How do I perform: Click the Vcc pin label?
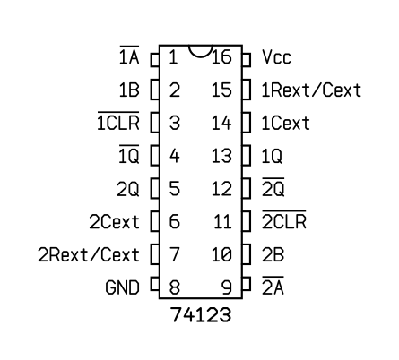coord(276,56)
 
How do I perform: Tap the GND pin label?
coord(122,287)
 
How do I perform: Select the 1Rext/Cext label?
coord(311,90)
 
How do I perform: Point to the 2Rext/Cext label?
coord(89,254)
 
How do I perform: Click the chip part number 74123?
coord(201,314)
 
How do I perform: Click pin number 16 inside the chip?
coord(221,56)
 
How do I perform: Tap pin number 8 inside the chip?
coord(175,287)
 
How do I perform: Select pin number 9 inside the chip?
coord(226,287)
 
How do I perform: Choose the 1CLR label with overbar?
coord(118,121)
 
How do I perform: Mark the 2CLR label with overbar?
coord(284,219)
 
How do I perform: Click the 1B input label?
coord(129,90)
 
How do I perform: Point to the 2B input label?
coord(273,254)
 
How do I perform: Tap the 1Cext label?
coord(285,123)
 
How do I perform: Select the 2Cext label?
coord(114,222)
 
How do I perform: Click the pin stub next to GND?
coord(155,284)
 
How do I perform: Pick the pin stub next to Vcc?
coord(246,60)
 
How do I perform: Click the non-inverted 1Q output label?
coord(272,156)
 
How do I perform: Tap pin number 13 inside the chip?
coord(221,156)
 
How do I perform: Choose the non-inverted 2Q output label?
coord(127,189)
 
